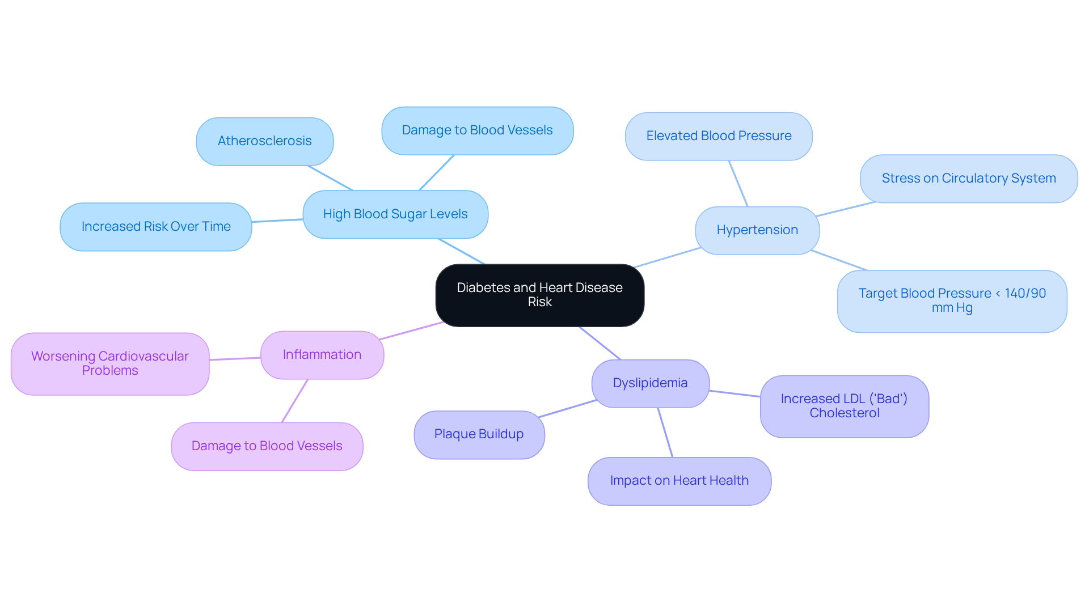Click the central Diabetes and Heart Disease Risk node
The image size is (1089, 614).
pos(539,295)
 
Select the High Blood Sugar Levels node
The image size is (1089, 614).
pos(395,214)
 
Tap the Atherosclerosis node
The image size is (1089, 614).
pos(264,141)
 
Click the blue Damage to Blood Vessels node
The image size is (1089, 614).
pos(477,130)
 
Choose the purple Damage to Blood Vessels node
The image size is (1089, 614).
pos(267,446)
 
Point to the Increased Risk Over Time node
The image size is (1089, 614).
pos(155,227)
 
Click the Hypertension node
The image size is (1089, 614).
pos(757,230)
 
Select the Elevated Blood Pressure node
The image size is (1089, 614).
pos(718,136)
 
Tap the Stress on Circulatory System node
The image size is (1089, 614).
pos(968,179)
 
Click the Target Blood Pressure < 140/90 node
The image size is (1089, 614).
pos(951,301)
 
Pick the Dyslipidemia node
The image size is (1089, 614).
pos(650,383)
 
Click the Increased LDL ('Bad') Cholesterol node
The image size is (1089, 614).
pos(844,406)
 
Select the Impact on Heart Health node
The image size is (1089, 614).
pos(679,481)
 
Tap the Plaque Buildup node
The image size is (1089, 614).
pos(479,434)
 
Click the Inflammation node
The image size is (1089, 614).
pos(322,355)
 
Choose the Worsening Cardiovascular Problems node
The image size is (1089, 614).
pos(109,363)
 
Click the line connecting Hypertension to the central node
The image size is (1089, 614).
pos(668,257)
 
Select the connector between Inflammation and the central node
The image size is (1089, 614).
pos(411,331)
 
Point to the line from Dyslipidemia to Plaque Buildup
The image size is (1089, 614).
pos(567,409)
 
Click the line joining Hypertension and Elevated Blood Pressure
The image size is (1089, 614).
pos(738,183)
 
